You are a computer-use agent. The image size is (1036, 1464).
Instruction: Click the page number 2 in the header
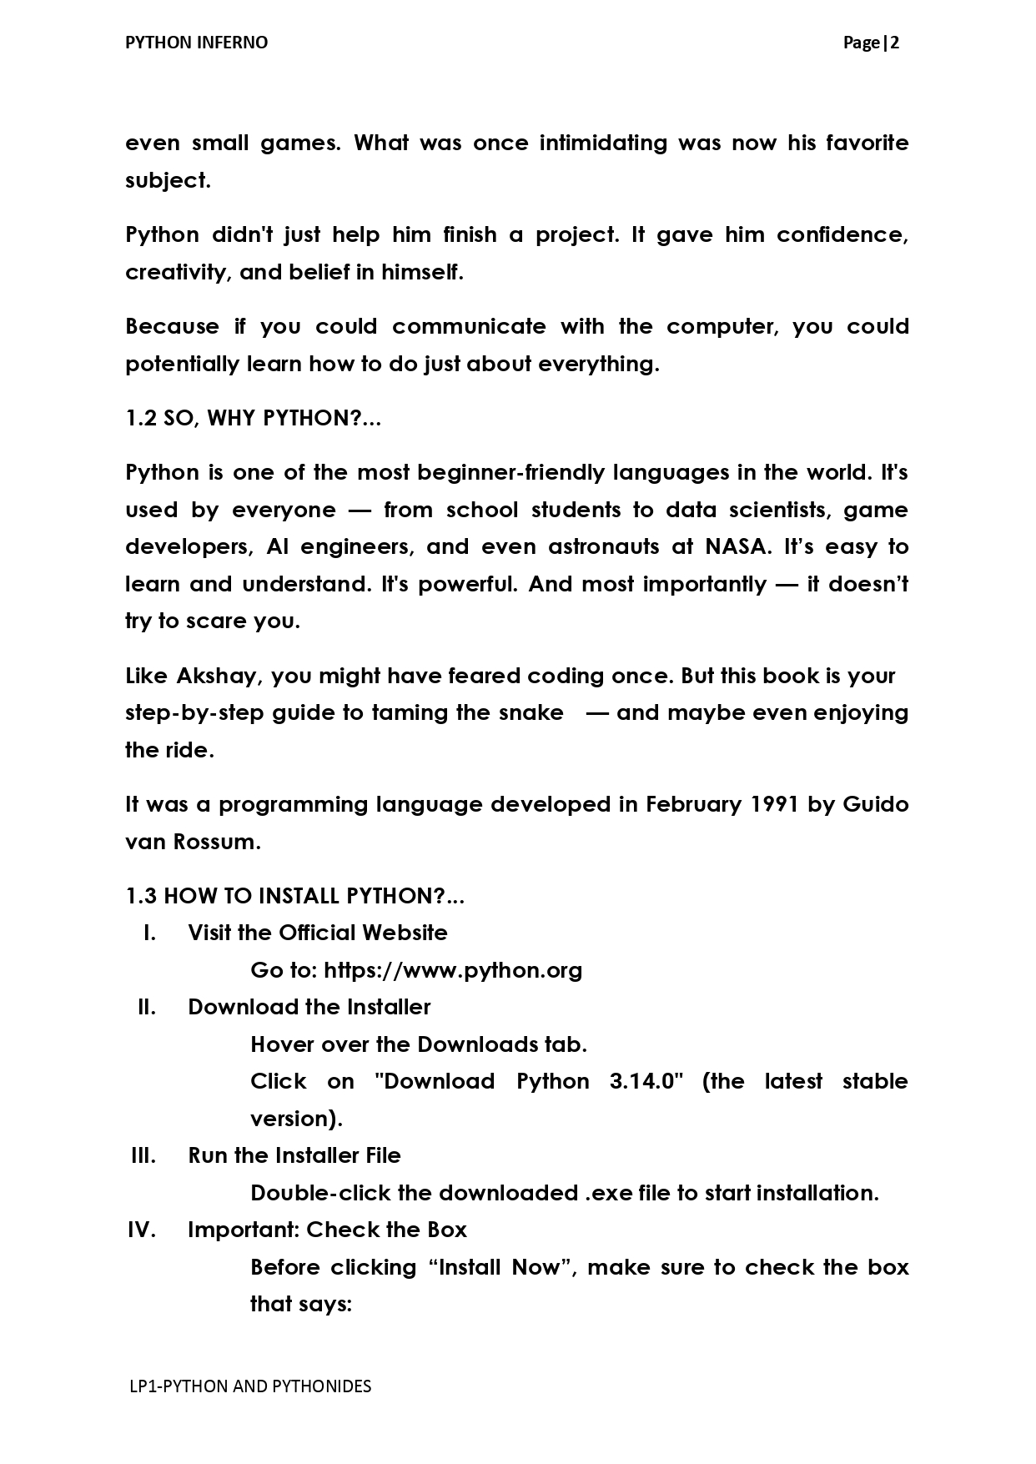[x=894, y=43]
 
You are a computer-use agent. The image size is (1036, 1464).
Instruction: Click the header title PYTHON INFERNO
[x=196, y=43]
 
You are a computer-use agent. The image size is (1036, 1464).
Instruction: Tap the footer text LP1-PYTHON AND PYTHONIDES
[x=250, y=1386]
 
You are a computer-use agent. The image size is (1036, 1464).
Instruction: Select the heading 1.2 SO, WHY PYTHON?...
[x=253, y=418]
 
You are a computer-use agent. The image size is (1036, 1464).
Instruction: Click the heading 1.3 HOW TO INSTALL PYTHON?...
[x=294, y=896]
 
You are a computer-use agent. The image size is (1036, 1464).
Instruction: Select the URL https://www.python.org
[x=453, y=970]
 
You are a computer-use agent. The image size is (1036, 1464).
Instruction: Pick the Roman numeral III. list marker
[x=143, y=1155]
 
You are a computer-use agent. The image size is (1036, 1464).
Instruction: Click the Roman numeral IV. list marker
[x=142, y=1230]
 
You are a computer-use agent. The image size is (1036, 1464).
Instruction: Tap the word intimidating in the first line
[x=603, y=143]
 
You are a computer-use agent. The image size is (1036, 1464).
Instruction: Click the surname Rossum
[x=216, y=842]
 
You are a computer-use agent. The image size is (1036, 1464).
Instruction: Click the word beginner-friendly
[x=511, y=472]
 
